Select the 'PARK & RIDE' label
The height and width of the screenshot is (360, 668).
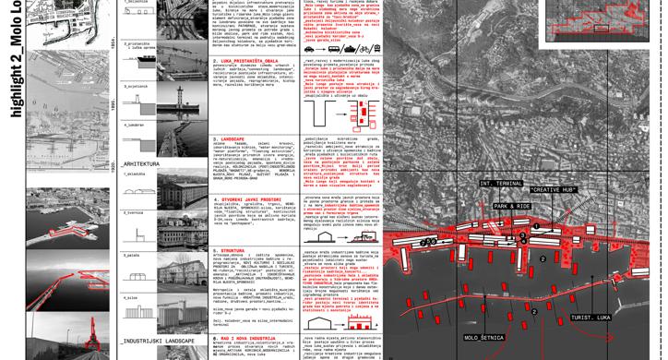coord(513,206)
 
